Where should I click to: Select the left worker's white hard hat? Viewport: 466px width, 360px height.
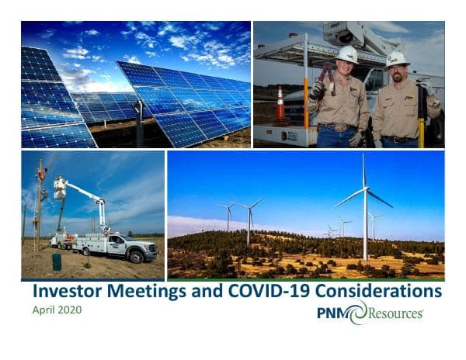point(346,54)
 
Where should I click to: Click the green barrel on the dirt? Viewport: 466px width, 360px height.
point(57,261)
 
